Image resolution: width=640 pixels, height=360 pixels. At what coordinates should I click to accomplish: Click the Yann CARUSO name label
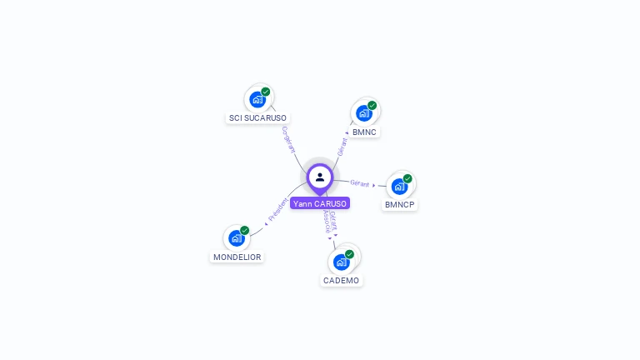click(320, 203)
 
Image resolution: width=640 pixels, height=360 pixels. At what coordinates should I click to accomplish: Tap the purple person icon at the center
click(320, 177)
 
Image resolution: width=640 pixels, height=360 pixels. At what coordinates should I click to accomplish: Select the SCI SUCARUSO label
click(257, 118)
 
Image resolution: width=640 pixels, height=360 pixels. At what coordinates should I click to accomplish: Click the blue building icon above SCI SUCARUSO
click(257, 99)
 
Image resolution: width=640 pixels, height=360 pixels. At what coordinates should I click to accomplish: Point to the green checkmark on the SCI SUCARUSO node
click(266, 92)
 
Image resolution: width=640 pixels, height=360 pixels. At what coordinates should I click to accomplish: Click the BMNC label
click(364, 132)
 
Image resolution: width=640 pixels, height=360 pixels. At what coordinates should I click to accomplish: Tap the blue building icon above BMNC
click(364, 113)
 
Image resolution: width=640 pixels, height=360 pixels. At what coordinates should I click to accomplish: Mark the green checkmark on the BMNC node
click(372, 106)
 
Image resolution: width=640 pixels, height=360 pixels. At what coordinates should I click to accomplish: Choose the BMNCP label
click(400, 205)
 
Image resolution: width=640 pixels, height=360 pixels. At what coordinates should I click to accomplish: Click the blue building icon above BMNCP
click(400, 186)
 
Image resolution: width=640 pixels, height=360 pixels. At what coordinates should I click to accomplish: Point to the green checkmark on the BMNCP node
click(408, 178)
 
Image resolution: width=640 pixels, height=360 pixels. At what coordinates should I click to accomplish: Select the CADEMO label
click(341, 281)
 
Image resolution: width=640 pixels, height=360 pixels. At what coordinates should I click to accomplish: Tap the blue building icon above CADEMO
click(341, 262)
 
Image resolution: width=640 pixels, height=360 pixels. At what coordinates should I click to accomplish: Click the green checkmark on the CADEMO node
click(350, 254)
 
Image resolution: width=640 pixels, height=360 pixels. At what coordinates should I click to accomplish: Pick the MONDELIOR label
click(237, 257)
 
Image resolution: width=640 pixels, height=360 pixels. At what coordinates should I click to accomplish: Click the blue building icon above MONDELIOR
click(237, 238)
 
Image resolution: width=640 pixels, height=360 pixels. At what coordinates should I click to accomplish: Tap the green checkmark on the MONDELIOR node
click(245, 230)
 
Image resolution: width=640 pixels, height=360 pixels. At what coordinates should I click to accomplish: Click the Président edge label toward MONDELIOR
click(278, 210)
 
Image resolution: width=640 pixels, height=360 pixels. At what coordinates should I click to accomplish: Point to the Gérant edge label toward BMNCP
click(360, 183)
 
